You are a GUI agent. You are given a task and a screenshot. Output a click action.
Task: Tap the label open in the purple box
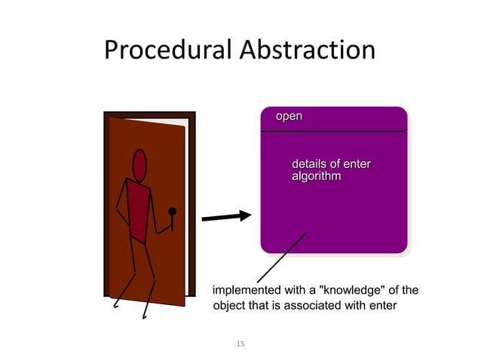pyautogui.click(x=289, y=117)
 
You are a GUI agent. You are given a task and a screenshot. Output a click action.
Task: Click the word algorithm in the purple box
pyautogui.click(x=316, y=176)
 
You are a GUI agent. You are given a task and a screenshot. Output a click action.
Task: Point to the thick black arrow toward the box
pyautogui.click(x=227, y=217)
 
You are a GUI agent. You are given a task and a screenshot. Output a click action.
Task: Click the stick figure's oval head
pyautogui.click(x=139, y=165)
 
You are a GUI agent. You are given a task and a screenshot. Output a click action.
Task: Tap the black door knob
pyautogui.click(x=172, y=212)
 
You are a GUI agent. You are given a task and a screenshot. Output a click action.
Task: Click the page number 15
pyautogui.click(x=240, y=344)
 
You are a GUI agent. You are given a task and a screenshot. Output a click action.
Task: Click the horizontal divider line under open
pyautogui.click(x=333, y=132)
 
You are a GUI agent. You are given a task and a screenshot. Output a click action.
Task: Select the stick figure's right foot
pyautogui.click(x=144, y=317)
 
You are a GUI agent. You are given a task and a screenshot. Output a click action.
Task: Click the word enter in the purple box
pyautogui.click(x=357, y=164)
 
